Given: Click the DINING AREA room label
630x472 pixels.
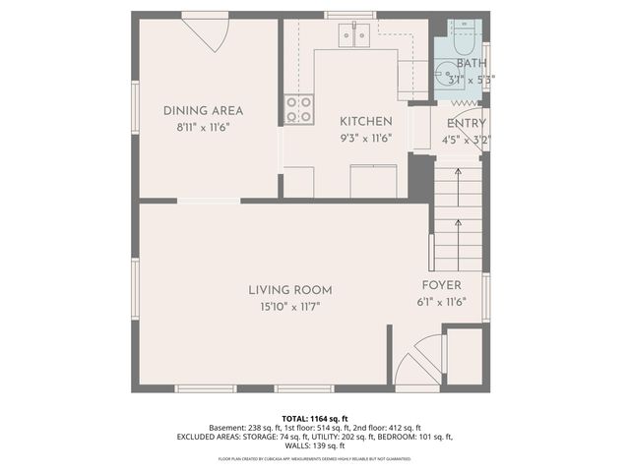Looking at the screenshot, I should (203, 111).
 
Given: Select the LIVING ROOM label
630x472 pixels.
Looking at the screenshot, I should (289, 290).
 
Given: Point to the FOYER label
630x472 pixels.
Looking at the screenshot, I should (441, 285).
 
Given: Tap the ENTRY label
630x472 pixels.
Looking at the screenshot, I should (466, 123).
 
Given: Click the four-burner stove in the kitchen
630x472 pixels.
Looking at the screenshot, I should (299, 109).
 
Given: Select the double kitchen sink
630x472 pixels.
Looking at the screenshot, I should (354, 35).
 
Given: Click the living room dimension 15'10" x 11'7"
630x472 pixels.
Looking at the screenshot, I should (289, 307).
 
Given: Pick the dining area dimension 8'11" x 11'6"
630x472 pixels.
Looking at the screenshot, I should (203, 128).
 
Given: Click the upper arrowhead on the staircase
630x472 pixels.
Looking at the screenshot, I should (458, 173).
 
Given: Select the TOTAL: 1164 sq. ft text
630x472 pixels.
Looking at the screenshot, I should (315, 418).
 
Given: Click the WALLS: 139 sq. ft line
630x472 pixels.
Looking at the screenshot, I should (315, 445).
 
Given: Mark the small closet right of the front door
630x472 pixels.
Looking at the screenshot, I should (465, 356).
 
